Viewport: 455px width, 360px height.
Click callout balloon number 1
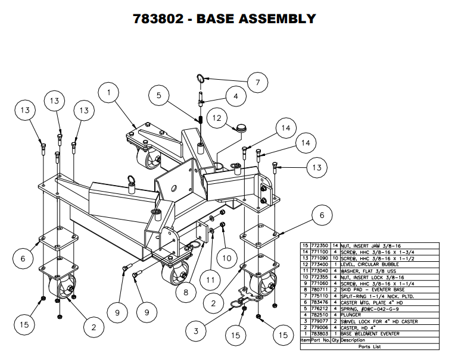coord(110,93)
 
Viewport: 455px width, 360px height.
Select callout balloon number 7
coord(258,83)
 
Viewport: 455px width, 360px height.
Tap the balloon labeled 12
coord(216,119)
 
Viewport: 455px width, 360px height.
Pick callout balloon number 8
coord(186,292)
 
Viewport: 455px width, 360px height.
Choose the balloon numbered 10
coord(226,258)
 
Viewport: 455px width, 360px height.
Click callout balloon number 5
coord(159,95)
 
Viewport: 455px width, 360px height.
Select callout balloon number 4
coord(235,96)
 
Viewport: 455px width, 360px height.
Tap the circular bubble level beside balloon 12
coord(241,127)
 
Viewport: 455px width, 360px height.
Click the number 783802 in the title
coord(161,18)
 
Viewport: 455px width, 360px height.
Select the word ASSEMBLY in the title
coord(279,18)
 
